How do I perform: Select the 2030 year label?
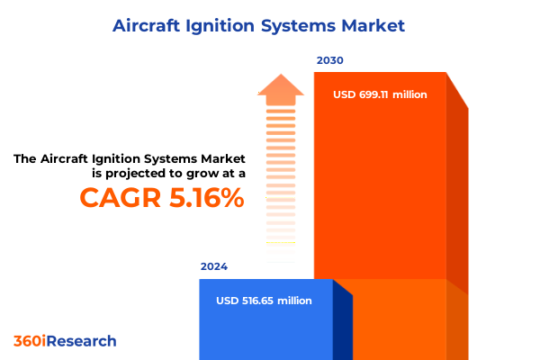tap(329, 60)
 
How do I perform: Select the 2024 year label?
tap(214, 266)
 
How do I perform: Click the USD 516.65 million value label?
tap(264, 301)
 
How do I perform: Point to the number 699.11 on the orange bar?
tap(378, 94)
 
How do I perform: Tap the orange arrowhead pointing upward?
tap(281, 88)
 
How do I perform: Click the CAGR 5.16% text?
tap(162, 197)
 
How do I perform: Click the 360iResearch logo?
tap(65, 341)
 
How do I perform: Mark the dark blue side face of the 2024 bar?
tap(342, 324)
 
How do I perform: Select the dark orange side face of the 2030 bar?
tap(457, 198)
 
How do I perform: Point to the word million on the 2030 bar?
tap(409, 94)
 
